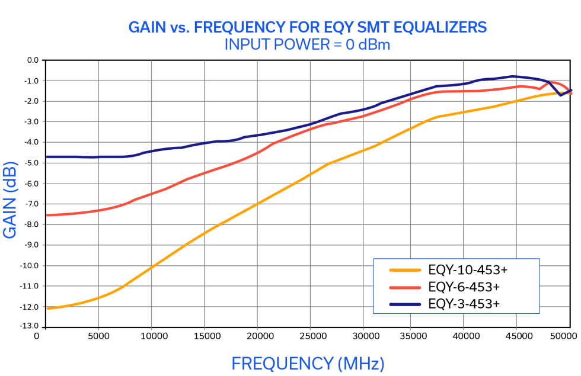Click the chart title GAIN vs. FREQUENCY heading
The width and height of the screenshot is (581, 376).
(x=308, y=27)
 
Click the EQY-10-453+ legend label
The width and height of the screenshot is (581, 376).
(x=468, y=270)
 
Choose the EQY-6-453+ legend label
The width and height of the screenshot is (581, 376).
(x=464, y=287)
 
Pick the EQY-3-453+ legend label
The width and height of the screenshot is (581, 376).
(x=464, y=304)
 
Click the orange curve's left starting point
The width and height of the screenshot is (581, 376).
(x=47, y=308)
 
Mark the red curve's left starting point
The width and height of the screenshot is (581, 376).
(x=47, y=214)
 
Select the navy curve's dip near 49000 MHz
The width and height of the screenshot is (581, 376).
(x=560, y=95)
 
